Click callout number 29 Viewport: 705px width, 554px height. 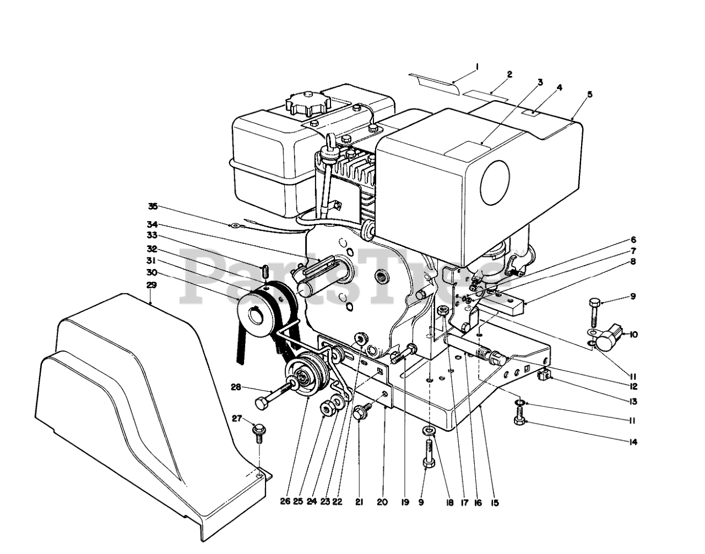152,285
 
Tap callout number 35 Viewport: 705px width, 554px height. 153,207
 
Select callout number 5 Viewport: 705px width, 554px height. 590,94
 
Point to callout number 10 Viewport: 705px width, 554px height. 633,334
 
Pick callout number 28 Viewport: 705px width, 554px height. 236,388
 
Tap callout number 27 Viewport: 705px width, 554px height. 237,419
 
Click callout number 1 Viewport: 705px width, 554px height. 477,67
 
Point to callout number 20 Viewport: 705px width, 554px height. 382,502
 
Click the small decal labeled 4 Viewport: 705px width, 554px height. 533,113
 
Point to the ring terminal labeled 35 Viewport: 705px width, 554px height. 234,224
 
